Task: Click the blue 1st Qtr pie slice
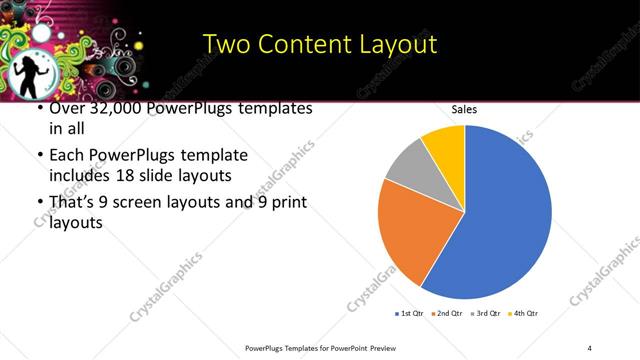coord(500,215)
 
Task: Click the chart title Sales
coord(464,110)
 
